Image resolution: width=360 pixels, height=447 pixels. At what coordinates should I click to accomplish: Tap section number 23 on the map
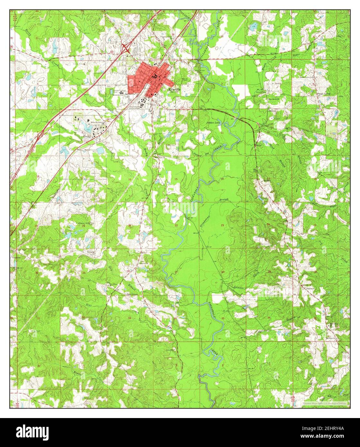pyautogui.click(x=222, y=225)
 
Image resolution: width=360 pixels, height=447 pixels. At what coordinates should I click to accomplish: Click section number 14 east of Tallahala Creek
pyautogui.click(x=222, y=178)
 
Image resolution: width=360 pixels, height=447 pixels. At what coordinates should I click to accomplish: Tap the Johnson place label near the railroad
pyautogui.click(x=310, y=288)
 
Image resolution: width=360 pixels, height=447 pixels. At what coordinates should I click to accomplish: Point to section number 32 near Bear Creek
pyautogui.click(x=84, y=317)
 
